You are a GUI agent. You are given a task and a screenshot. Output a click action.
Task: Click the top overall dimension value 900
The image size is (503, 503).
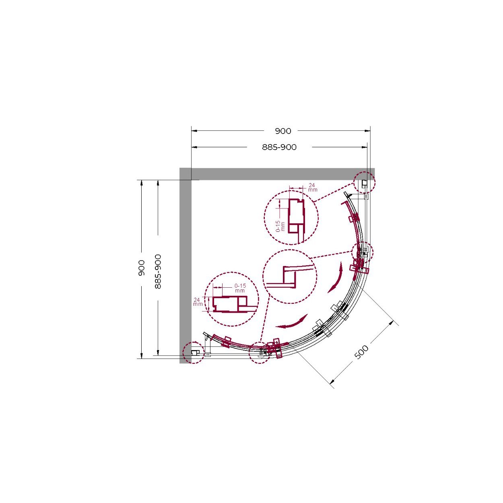tap(283, 131)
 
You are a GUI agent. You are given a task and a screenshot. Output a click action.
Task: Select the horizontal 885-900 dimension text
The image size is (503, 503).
tap(279, 148)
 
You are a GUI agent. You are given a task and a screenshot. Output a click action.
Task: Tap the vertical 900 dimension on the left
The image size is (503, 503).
tap(141, 268)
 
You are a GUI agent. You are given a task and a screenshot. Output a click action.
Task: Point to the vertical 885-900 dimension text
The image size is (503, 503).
tap(158, 272)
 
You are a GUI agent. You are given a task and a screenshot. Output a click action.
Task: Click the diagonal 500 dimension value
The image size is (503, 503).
tap(361, 352)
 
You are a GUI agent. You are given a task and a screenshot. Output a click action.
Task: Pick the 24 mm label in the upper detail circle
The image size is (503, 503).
tap(312, 187)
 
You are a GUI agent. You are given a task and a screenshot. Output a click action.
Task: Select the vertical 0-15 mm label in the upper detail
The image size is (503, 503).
tap(280, 226)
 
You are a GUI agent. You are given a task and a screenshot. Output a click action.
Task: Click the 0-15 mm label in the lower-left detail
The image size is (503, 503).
tap(240, 288)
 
